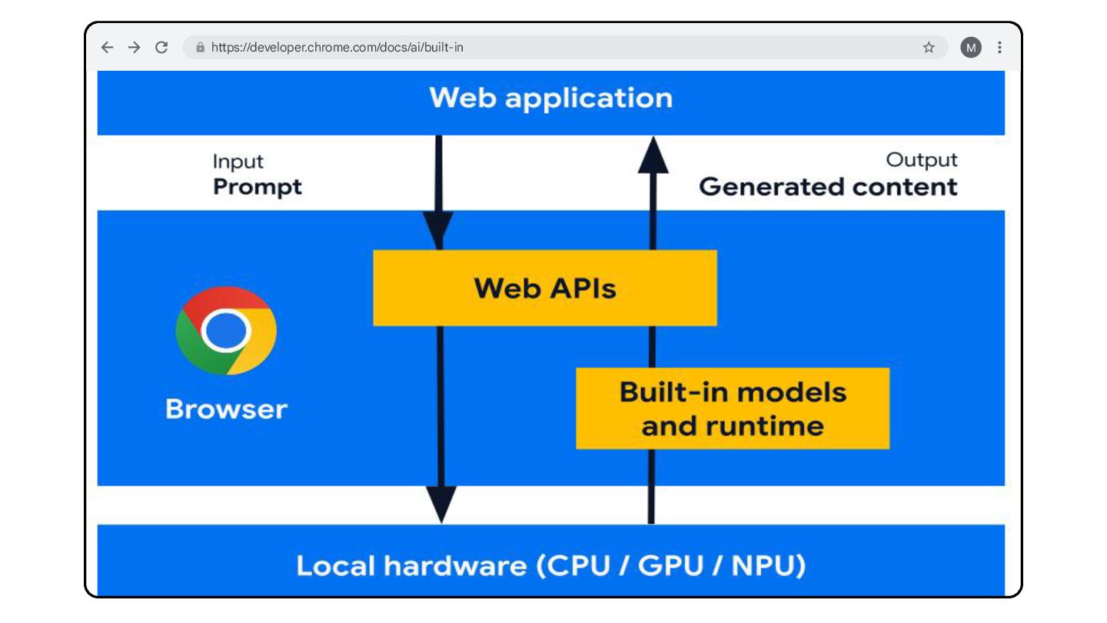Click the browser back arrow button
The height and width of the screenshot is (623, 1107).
point(108,48)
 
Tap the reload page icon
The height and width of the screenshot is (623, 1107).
point(161,48)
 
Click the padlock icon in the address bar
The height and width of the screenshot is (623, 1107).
point(200,48)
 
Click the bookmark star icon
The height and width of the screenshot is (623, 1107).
point(929,48)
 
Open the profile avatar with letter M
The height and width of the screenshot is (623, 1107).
point(971,48)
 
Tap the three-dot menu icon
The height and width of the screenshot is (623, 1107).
point(999,48)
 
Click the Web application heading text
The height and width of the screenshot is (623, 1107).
point(551,98)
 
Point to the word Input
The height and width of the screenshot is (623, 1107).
point(238,162)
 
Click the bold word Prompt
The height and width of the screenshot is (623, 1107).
point(258,188)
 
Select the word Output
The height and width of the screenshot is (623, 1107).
point(922,160)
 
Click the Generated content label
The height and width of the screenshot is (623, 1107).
point(828,187)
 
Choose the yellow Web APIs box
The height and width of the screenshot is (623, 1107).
point(544,288)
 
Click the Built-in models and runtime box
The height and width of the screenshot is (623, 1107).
point(733,408)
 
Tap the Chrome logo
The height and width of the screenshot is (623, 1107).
point(226,330)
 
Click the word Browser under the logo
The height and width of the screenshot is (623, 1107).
point(226,409)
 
